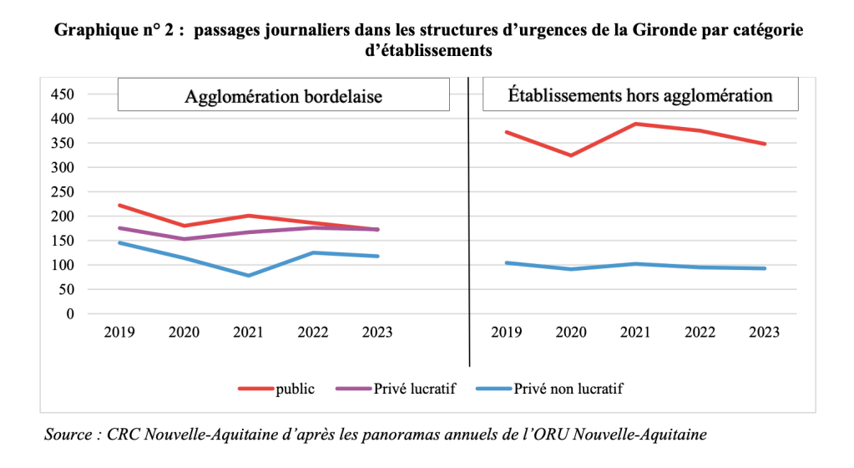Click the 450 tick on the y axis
tap(63, 94)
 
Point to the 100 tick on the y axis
tap(63, 265)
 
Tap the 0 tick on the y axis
tap(70, 314)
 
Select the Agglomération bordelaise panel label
tap(283, 95)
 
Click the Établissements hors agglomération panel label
tap(640, 95)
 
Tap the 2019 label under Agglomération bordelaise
tap(119, 333)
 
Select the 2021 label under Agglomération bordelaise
tap(249, 333)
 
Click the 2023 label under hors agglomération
tap(763, 333)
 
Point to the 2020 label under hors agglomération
tap(571, 333)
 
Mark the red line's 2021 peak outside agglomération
tap(635, 124)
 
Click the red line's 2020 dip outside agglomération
tap(571, 155)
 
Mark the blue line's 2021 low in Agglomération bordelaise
tap(249, 276)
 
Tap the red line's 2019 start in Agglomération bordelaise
tap(119, 205)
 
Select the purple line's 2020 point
tap(184, 239)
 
